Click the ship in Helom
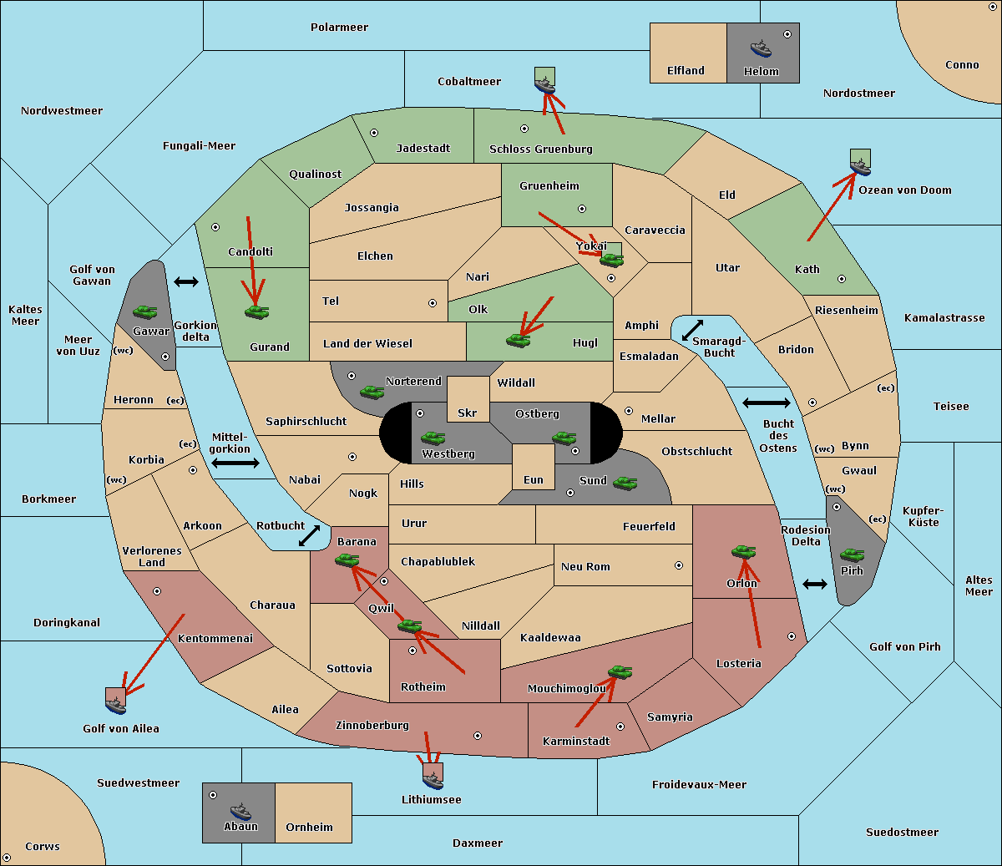[761, 48]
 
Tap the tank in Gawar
[145, 311]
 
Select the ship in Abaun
[240, 811]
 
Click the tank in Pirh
[852, 555]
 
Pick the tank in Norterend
[372, 392]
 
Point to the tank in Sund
[625, 484]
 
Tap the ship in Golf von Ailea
[115, 705]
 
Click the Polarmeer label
[339, 28]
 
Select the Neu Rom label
[585, 566]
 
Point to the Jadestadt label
[423, 148]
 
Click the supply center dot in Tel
[433, 303]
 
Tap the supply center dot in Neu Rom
[679, 565]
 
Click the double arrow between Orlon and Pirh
[815, 585]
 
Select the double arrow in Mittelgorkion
[235, 463]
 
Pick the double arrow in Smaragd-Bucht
[692, 330]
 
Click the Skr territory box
[468, 399]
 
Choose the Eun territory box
[534, 467]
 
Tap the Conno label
[962, 65]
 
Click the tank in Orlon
[743, 552]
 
